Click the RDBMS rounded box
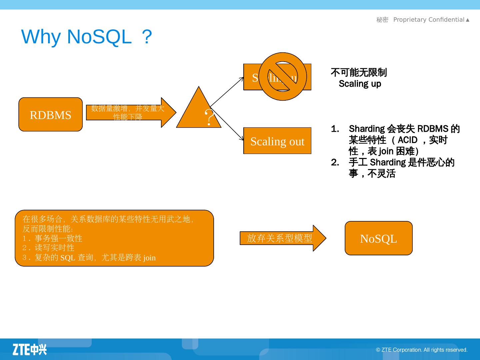click(50, 114)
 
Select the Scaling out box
click(277, 141)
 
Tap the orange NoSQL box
click(378, 238)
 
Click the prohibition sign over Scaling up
click(283, 76)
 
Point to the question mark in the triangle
click(209, 117)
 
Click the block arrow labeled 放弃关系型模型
click(282, 238)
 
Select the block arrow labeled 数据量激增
click(130, 112)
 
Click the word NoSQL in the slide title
click(99, 37)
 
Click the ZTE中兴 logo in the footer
click(30, 349)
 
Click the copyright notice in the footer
click(422, 350)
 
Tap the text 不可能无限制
click(359, 72)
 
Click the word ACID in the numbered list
click(407, 140)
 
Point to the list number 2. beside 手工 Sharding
click(335, 162)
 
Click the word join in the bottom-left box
click(149, 258)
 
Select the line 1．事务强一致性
click(52, 238)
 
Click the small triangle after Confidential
click(468, 20)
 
